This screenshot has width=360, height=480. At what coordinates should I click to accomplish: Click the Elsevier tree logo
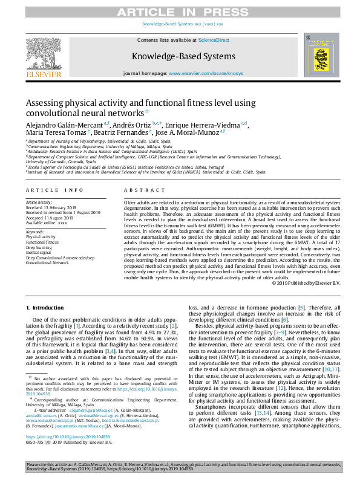point(44,55)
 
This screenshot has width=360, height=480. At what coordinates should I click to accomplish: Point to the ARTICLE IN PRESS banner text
point(180,12)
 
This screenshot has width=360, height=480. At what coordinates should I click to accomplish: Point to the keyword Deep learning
point(39,247)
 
